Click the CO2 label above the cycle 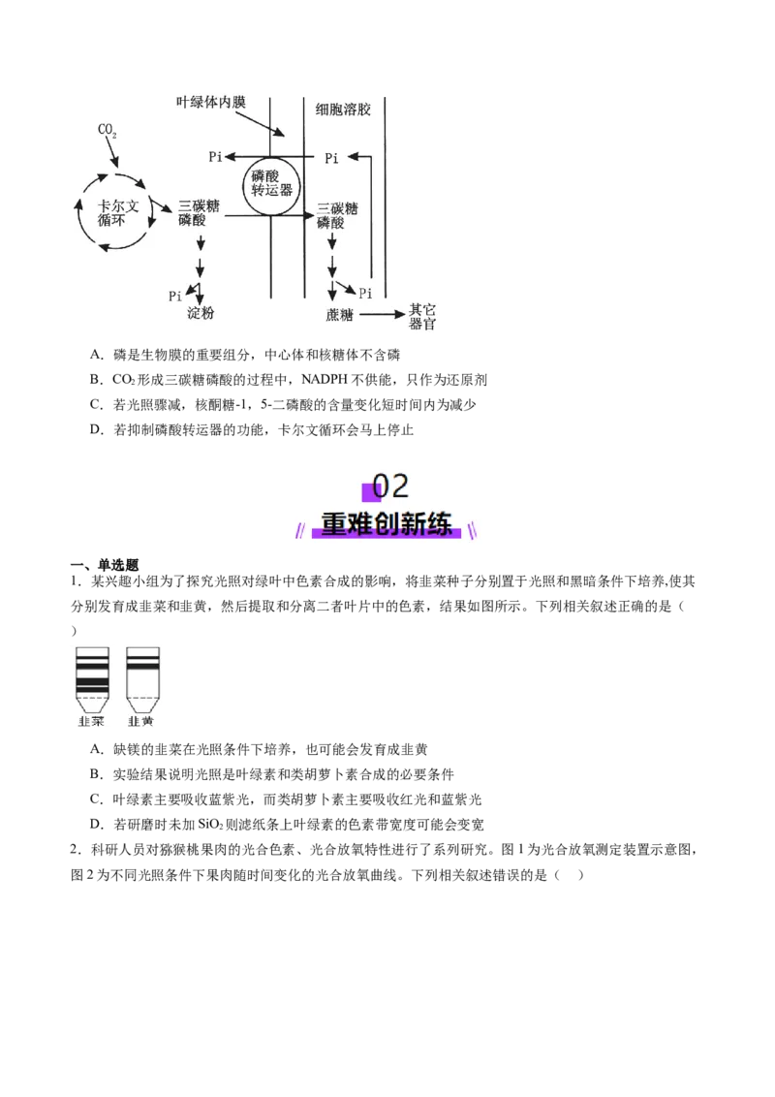click(107, 130)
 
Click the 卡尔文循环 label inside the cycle click(117, 212)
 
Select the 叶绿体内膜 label click(211, 103)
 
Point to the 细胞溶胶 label click(343, 110)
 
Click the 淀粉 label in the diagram click(200, 313)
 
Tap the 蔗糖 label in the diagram click(339, 315)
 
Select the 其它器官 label click(422, 316)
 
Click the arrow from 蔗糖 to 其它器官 click(382, 315)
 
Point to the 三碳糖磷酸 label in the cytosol click(337, 215)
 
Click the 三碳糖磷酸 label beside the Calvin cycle click(199, 212)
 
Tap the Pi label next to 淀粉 click(175, 296)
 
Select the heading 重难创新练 click(387, 524)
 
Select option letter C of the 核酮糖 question click(96, 404)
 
